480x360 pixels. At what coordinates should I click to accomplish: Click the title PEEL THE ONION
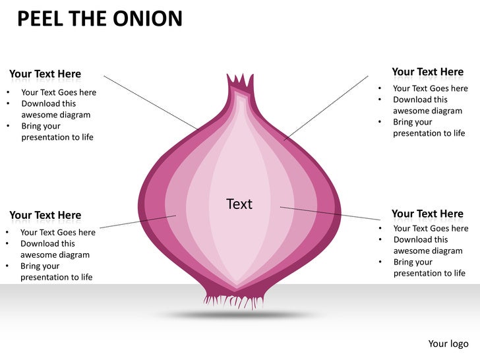tap(99, 18)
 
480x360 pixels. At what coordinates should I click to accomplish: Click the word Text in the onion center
tap(239, 204)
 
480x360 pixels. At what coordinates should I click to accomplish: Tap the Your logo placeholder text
tap(448, 344)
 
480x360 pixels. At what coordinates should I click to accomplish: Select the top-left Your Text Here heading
tap(45, 74)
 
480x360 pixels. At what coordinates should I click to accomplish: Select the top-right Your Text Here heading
tap(427, 72)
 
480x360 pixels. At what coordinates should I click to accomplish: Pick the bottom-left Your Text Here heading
tap(45, 215)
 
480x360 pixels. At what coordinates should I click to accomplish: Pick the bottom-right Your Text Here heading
tap(427, 214)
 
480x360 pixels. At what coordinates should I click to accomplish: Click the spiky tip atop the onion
tap(240, 83)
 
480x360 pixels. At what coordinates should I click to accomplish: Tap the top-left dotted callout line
tap(150, 102)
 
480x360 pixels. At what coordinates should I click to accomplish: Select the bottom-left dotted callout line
tap(137, 222)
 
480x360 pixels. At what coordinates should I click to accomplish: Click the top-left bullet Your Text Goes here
tap(59, 92)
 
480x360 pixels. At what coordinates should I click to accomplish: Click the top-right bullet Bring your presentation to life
tap(429, 127)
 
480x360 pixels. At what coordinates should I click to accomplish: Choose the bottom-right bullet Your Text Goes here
tap(431, 228)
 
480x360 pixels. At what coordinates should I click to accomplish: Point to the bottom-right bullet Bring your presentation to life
tap(429, 268)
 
